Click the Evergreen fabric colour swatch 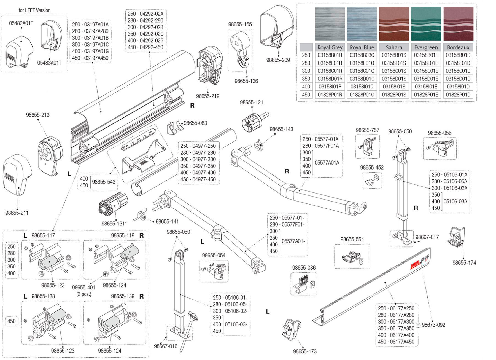(x=426, y=23)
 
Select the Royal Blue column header (x=362, y=47)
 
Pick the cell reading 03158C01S (x=394, y=71)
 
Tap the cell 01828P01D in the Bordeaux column (x=458, y=95)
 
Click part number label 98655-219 (x=207, y=96)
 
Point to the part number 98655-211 (x=17, y=213)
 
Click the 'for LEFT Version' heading (x=34, y=10)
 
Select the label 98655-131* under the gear (x=114, y=224)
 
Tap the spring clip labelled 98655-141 (x=141, y=215)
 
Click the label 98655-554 (x=352, y=239)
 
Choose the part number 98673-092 (x=433, y=325)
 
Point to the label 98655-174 (x=464, y=263)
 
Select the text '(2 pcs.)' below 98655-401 (x=83, y=294)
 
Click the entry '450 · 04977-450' (x=198, y=179)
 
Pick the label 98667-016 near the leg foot (x=165, y=346)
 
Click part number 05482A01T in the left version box (x=21, y=23)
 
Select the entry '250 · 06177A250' (x=396, y=308)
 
